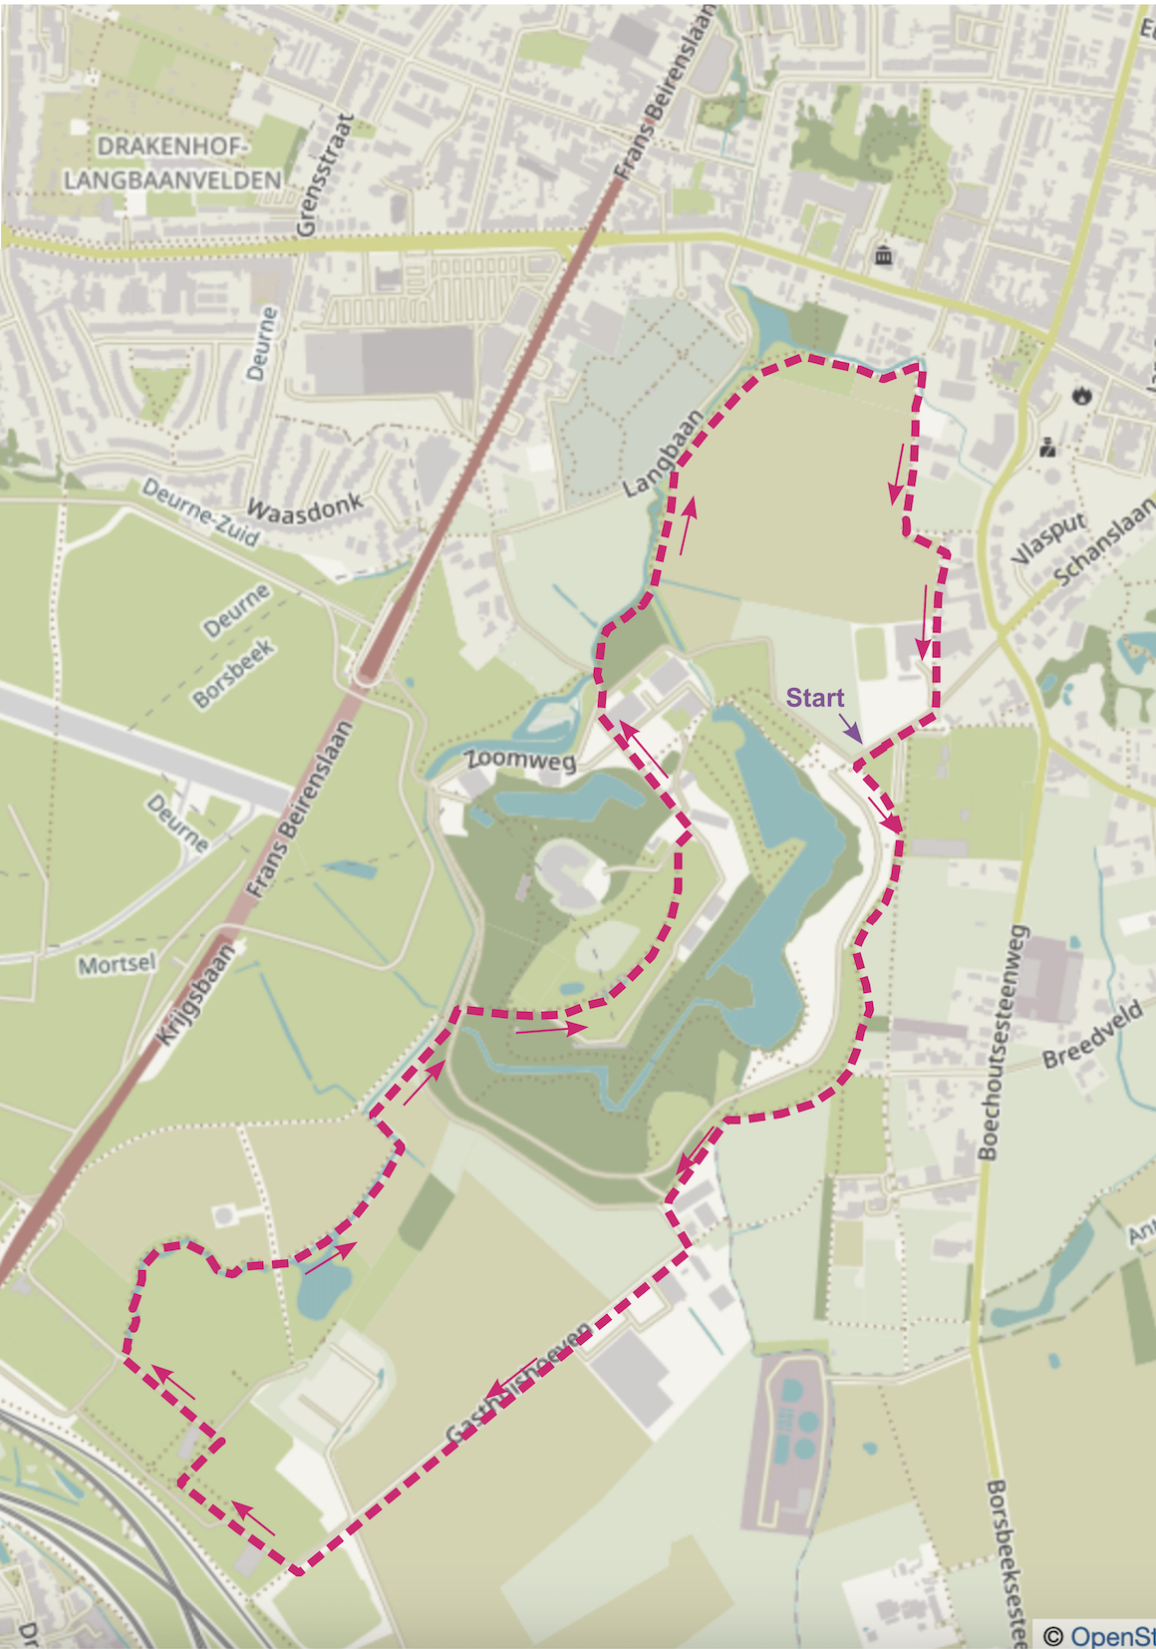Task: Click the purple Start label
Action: (x=814, y=698)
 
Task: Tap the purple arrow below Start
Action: (x=850, y=729)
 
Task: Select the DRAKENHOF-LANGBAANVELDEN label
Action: (x=171, y=164)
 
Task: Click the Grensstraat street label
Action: (x=326, y=175)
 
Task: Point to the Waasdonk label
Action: (x=304, y=507)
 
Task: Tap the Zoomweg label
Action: (x=521, y=760)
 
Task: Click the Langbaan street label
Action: (x=662, y=454)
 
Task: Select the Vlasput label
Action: (x=1046, y=539)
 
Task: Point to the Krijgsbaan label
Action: (x=196, y=994)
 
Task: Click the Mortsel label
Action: (x=117, y=964)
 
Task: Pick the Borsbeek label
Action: (x=233, y=674)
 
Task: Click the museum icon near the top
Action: (x=883, y=256)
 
